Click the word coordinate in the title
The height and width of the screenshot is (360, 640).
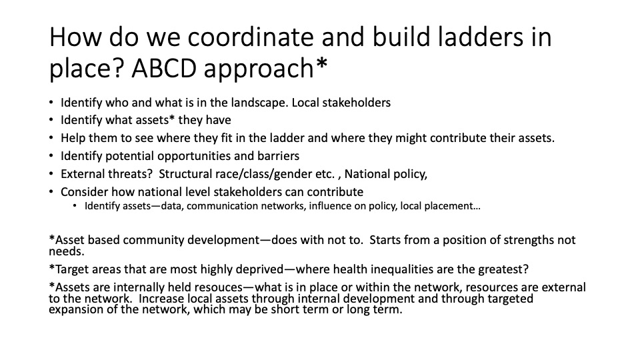(251, 37)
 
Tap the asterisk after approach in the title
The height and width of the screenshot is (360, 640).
(321, 64)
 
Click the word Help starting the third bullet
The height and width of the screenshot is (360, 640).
(73, 139)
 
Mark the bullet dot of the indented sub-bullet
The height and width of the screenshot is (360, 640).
(75, 206)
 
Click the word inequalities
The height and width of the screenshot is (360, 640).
(399, 269)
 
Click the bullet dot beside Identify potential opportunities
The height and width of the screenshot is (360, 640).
(51, 156)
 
